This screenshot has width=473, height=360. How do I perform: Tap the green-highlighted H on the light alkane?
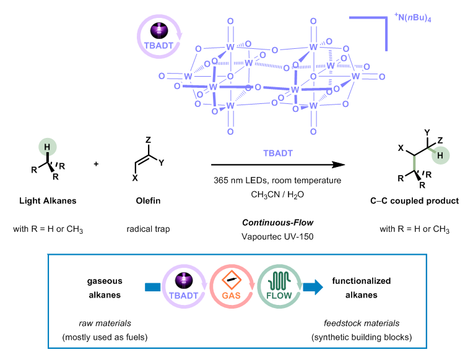point(46,148)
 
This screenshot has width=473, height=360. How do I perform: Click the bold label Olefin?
point(149,201)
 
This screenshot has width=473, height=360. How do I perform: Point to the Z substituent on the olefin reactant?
point(149,140)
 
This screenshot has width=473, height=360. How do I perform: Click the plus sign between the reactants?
point(96,165)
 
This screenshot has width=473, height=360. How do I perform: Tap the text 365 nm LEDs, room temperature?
point(276,180)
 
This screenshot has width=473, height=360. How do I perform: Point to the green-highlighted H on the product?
point(438,156)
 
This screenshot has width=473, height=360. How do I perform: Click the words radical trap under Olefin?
point(149,229)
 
